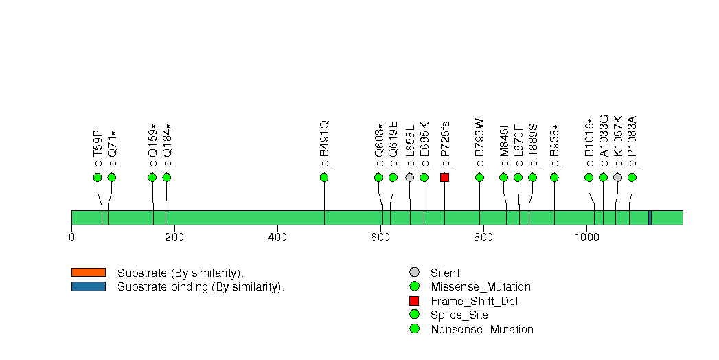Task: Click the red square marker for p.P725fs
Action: [444, 177]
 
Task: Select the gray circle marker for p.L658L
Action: [410, 177]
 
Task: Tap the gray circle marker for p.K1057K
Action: [617, 177]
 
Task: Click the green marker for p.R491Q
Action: [324, 177]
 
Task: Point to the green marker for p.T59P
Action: [98, 177]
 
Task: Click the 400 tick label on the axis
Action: [277, 238]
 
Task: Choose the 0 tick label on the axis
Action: [71, 238]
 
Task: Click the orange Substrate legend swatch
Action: [88, 272]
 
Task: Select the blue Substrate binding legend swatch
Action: [88, 286]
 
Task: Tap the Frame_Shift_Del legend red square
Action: [413, 301]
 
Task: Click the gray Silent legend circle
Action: [413, 273]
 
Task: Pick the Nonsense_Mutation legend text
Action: [482, 329]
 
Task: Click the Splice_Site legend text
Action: [459, 315]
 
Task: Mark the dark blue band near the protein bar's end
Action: [650, 218]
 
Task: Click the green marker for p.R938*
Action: [554, 177]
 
